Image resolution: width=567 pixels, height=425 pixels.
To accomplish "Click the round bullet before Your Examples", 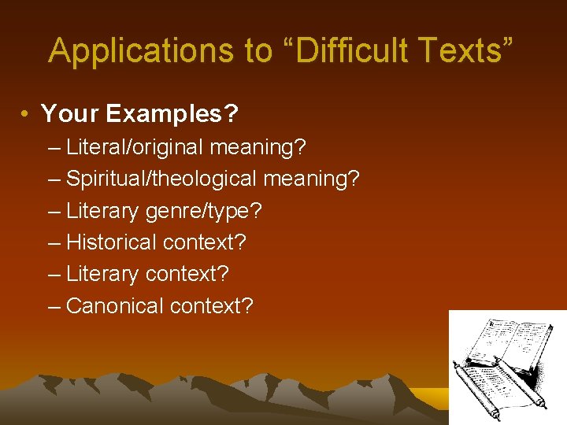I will tap(26, 115).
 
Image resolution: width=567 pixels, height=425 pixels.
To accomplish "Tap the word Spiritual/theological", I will tap(161, 179).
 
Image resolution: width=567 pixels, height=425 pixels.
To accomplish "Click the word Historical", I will tap(111, 242).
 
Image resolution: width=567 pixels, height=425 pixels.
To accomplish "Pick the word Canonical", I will tap(115, 305).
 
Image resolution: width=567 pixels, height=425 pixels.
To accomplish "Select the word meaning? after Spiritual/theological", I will tap(311, 179).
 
